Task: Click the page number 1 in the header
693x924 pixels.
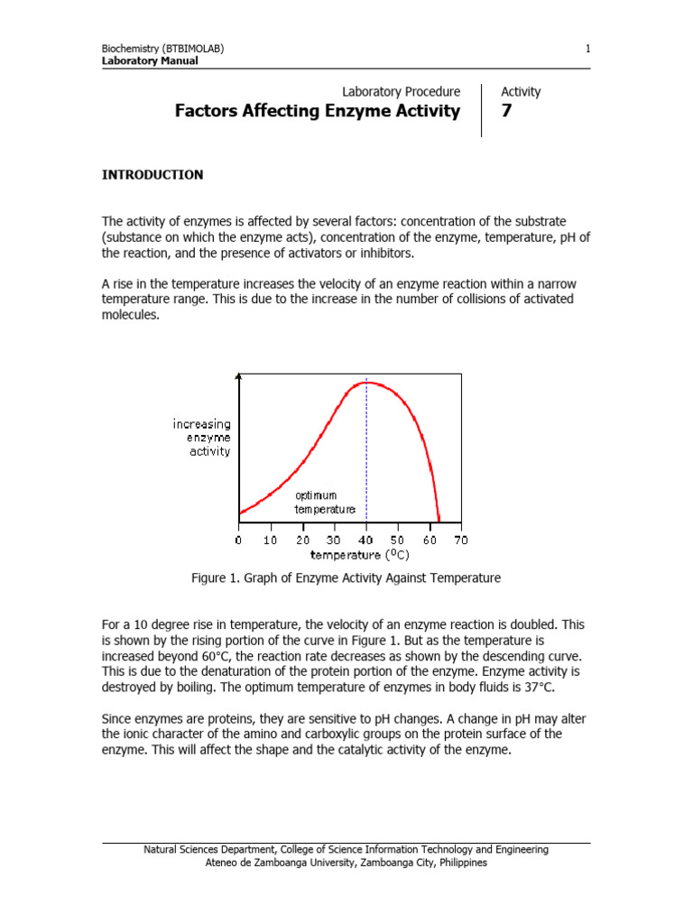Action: (587, 48)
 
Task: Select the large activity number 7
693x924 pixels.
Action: (507, 112)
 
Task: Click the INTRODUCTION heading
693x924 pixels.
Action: (152, 175)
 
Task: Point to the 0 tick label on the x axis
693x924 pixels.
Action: (238, 541)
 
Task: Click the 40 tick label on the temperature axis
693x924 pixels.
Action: (366, 541)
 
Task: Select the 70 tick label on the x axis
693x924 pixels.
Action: (460, 541)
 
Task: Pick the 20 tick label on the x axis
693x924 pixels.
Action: (303, 541)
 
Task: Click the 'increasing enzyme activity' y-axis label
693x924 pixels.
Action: (202, 437)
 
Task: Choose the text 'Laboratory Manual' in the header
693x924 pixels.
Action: (150, 60)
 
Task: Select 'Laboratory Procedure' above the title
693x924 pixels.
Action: (402, 92)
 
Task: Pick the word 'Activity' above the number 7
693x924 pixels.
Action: (521, 92)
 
